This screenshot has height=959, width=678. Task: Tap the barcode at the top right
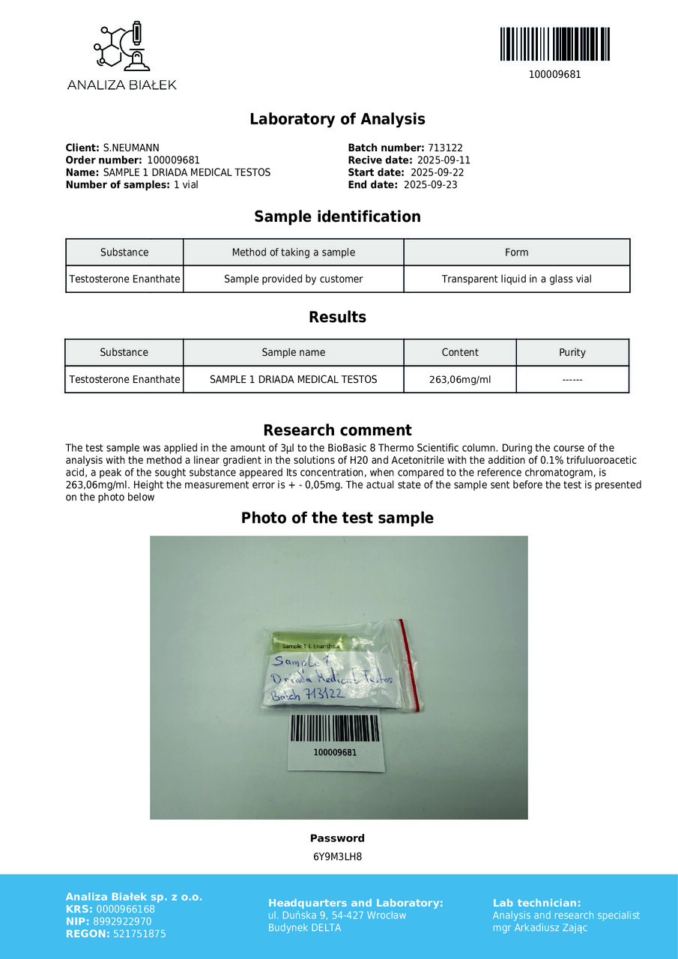[x=554, y=44]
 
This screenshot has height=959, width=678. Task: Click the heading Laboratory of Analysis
[x=337, y=119]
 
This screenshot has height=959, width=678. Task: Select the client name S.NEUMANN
[x=131, y=148]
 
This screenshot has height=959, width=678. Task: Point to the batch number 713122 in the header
[x=445, y=148]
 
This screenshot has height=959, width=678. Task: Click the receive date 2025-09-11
[x=444, y=160]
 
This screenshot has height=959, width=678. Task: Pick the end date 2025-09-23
[x=430, y=184]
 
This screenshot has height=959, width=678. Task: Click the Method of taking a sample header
[x=293, y=252]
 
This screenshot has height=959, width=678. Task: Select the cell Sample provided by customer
[x=293, y=279]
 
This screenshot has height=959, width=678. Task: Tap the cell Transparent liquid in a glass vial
[x=516, y=279]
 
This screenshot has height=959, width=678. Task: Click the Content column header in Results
[x=460, y=352]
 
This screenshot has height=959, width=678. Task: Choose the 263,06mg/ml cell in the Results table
[x=460, y=379]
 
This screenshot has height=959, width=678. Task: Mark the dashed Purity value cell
[x=572, y=379]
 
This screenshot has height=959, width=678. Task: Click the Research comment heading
[x=337, y=430]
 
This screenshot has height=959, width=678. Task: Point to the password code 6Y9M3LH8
[x=337, y=856]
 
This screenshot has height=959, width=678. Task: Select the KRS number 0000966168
[x=126, y=910]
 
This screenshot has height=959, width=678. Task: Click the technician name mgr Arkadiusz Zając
[x=539, y=928]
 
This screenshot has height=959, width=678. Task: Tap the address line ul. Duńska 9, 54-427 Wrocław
[x=337, y=916]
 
